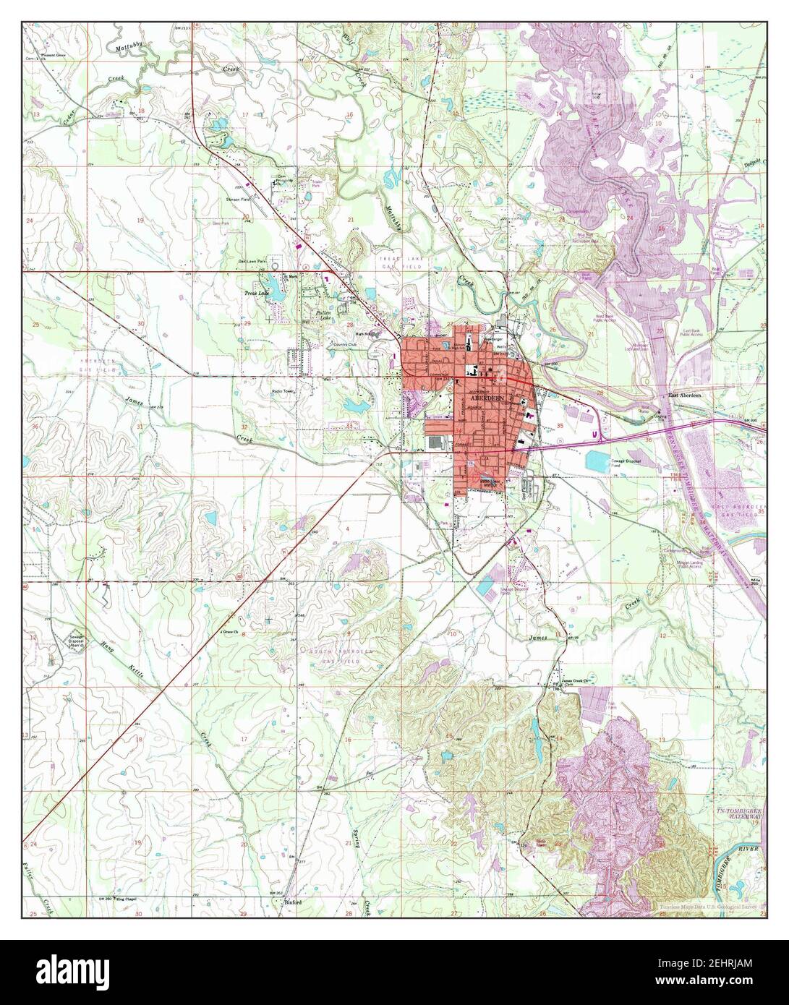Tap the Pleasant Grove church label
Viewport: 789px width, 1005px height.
53,56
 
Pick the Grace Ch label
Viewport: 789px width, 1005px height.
230,631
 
